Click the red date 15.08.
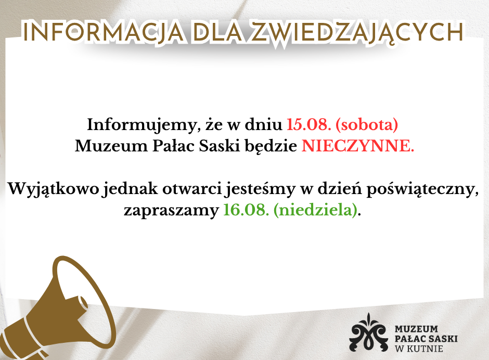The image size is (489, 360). tap(308, 124)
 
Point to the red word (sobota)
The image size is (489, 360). tap(367, 125)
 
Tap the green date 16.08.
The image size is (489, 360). tap(246, 210)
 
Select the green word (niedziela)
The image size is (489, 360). tap(315, 210)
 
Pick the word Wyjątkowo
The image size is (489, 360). tap(54, 189)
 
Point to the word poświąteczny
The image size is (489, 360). tap(422, 189)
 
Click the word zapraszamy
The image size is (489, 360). tap(172, 211)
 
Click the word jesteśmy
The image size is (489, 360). tap(260, 189)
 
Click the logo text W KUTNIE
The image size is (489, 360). tap(419, 349)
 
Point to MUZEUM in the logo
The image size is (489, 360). tap(416, 329)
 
